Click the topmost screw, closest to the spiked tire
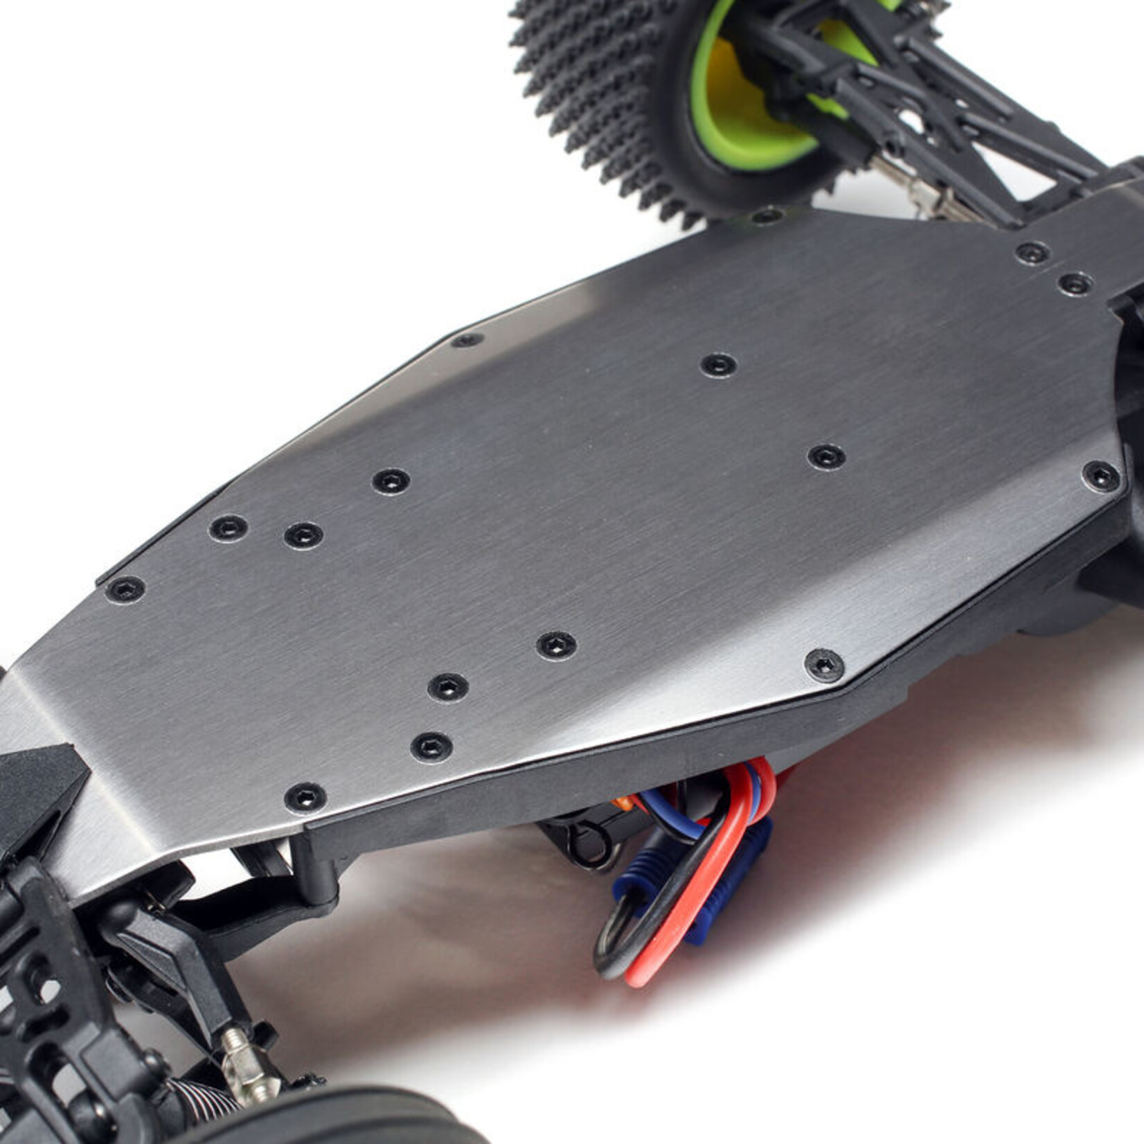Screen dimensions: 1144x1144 [x=767, y=217]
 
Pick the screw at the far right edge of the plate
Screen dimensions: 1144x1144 [x=1100, y=476]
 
